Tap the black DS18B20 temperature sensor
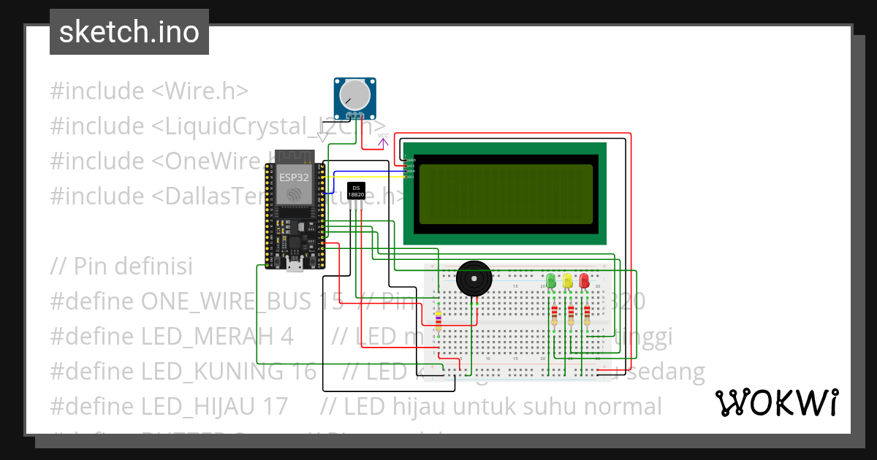[x=356, y=192]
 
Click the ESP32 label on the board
[x=294, y=177]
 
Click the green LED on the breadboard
[x=551, y=280]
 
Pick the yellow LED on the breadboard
[x=567, y=280]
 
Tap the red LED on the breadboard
[x=584, y=280]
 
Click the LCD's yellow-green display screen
[x=506, y=194]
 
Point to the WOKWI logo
[x=776, y=402]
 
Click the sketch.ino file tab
[x=129, y=32]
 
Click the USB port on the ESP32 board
[x=295, y=265]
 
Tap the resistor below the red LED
[x=587, y=315]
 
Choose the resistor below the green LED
[x=554, y=315]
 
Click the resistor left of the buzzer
[x=438, y=320]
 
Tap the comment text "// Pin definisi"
[x=121, y=266]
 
